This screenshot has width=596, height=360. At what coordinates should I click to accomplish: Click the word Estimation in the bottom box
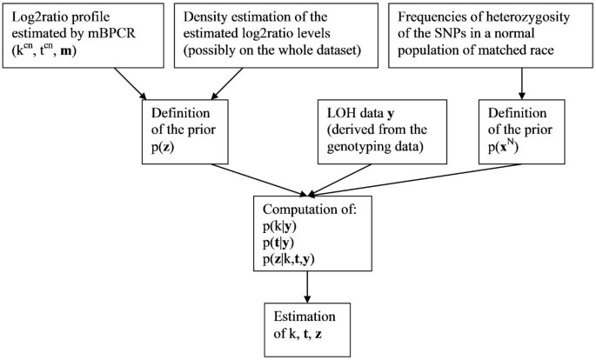coord(303,316)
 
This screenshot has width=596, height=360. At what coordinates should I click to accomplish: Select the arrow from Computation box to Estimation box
coord(308,287)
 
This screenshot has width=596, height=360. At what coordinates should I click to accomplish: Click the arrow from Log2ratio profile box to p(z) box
coord(118,83)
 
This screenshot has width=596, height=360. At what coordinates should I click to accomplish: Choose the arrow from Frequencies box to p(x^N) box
coord(520,83)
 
